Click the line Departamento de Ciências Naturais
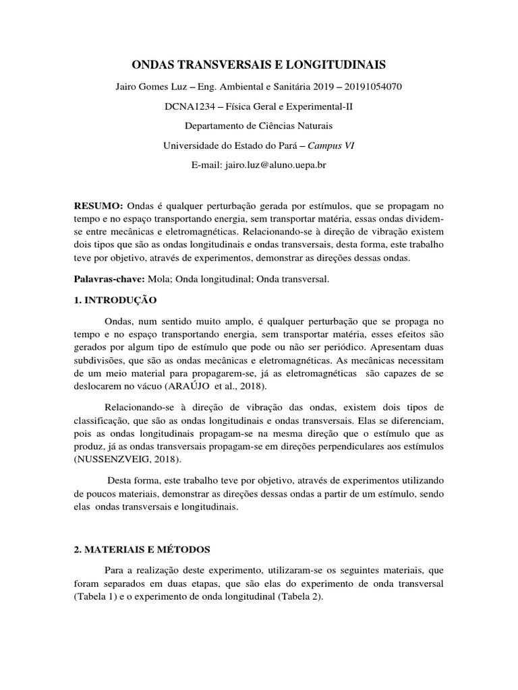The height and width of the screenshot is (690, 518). [258, 126]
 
